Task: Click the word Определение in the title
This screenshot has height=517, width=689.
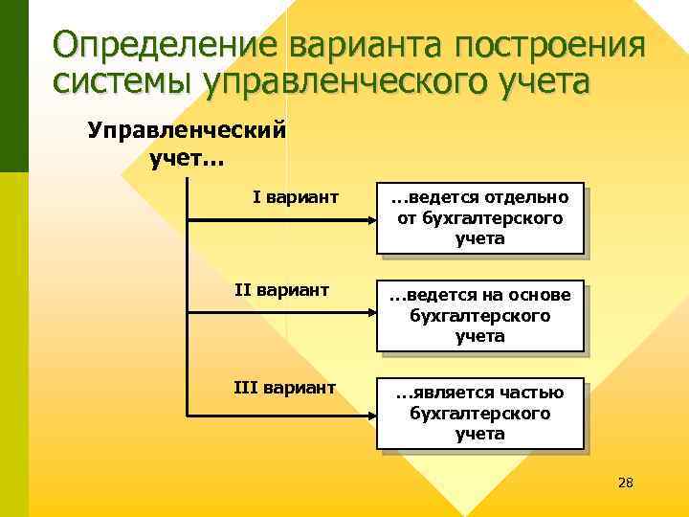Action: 164,45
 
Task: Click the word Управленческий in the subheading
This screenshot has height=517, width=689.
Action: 187,129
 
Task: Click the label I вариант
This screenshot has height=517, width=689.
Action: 295,197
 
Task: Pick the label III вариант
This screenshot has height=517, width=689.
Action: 285,387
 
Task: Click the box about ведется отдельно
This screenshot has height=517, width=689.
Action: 479,218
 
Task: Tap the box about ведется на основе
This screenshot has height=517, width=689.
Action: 479,316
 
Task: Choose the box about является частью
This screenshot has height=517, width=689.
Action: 479,414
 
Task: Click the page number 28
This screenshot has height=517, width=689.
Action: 626,482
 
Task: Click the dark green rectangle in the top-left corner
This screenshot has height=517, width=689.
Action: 13,86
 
